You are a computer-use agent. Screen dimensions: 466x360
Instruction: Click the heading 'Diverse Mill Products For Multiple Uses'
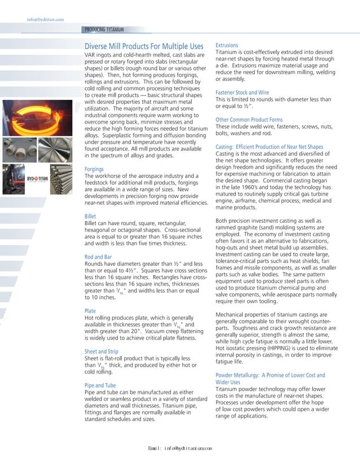point(143,46)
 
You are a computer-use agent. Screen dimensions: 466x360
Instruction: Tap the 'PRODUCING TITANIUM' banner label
point(104,29)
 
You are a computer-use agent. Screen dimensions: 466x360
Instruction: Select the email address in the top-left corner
point(45,20)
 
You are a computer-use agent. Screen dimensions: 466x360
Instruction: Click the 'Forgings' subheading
point(94,169)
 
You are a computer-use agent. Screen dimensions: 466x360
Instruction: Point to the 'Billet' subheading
point(90,216)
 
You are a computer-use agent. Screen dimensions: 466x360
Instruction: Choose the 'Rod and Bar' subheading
point(97,257)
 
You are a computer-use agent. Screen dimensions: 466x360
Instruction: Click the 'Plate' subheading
point(90,311)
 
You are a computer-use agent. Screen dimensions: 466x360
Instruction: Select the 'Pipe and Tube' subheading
point(101,385)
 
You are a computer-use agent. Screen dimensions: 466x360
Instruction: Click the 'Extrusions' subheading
point(227,45)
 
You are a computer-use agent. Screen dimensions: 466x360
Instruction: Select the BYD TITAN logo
point(21,178)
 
